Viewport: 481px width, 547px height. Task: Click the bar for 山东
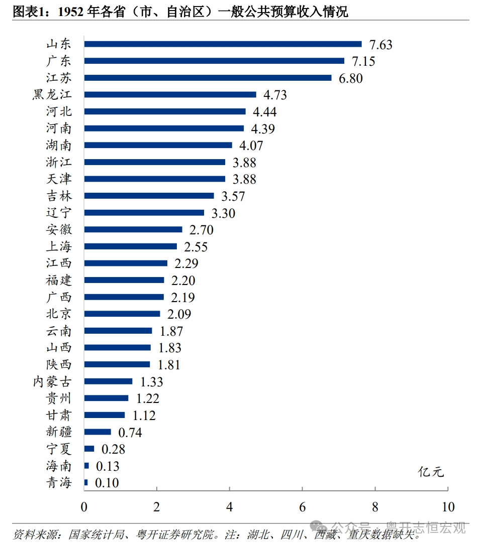click(x=223, y=44)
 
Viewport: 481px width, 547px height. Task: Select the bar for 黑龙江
click(x=170, y=94)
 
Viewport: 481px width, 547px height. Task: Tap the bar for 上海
click(x=131, y=246)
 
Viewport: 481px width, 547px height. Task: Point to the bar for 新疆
click(x=98, y=432)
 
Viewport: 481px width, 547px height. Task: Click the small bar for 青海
click(x=86, y=482)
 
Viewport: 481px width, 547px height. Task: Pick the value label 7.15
click(x=363, y=61)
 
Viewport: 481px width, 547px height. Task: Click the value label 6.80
click(x=351, y=78)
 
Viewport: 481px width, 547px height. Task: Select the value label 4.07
click(x=251, y=146)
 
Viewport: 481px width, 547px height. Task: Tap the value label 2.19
click(x=183, y=298)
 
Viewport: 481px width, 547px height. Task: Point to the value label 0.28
click(x=113, y=449)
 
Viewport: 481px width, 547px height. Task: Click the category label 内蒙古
click(x=52, y=381)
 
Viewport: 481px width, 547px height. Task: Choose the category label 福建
click(x=59, y=280)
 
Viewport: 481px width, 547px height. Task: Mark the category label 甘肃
click(x=59, y=415)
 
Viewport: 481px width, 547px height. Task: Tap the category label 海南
click(x=59, y=466)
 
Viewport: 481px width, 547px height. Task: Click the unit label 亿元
click(x=431, y=472)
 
